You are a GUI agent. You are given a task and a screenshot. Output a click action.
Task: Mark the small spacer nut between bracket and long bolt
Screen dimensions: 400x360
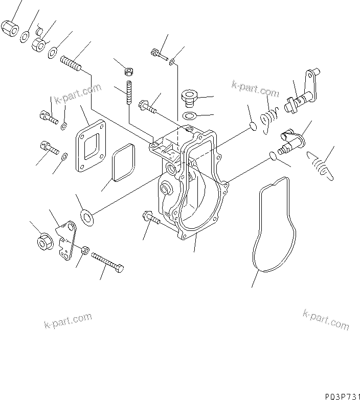85,250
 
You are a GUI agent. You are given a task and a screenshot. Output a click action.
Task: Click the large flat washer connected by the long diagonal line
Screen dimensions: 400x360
87,217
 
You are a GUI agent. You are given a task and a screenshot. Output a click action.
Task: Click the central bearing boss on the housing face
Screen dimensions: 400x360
166,191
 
